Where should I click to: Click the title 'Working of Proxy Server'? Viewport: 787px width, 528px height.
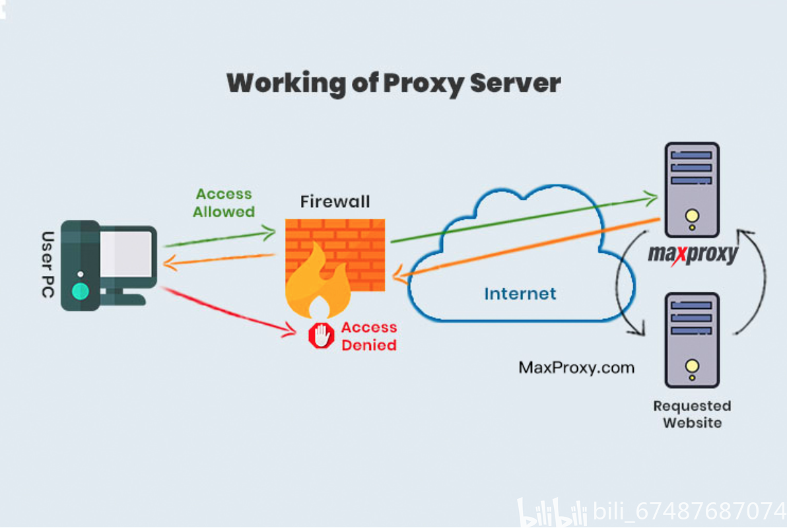[x=393, y=84]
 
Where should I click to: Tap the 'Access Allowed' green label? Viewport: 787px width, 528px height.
[x=224, y=203]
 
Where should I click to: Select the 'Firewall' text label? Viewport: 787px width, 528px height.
[x=335, y=201]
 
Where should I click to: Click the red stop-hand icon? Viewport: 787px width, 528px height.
[x=322, y=336]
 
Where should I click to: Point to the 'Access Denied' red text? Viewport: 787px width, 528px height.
[x=368, y=336]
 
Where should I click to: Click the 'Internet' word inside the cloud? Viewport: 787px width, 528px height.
[x=520, y=293]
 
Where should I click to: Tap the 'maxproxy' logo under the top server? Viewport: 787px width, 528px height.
[x=692, y=253]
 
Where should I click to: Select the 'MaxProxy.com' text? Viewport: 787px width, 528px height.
[x=576, y=367]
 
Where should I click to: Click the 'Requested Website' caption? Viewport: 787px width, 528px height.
[x=692, y=414]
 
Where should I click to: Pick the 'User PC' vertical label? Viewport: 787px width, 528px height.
[x=48, y=264]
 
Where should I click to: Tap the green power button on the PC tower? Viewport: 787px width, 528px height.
[x=81, y=291]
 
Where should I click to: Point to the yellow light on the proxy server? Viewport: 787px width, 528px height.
[x=691, y=216]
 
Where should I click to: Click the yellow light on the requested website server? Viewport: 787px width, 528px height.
[x=691, y=366]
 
